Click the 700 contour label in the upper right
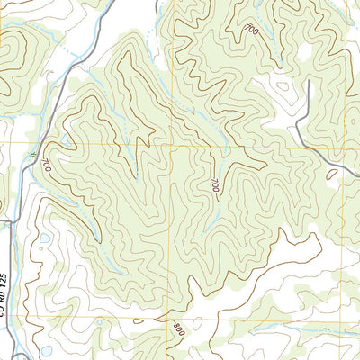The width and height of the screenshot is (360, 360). (x=251, y=31)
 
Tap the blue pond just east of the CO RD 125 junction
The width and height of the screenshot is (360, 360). (x=45, y=238)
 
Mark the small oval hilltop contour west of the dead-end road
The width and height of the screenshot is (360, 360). (x=284, y=87)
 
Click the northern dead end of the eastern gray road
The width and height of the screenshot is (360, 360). (x=310, y=82)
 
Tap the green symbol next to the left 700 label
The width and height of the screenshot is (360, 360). (x=32, y=158)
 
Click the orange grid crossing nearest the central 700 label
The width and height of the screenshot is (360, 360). (x=171, y=145)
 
